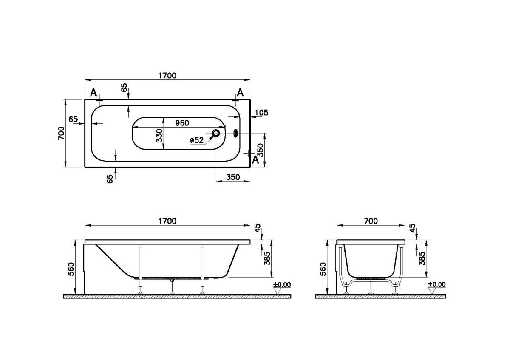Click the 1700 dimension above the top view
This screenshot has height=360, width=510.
tap(167, 76)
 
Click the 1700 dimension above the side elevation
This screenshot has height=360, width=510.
tap(167, 221)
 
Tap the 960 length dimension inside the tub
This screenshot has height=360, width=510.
tap(181, 123)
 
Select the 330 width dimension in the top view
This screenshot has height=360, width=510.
tap(159, 135)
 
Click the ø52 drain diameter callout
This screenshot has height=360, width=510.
tap(196, 140)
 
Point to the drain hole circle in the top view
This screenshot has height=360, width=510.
tap(216, 133)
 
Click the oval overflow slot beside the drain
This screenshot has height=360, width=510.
tap(236, 133)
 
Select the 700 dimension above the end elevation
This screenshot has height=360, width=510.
tap(371, 221)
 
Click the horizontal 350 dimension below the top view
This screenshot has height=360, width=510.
tap(233, 177)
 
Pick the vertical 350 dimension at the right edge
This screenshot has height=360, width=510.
tap(262, 150)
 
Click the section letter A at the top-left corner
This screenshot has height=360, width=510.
tap(93, 93)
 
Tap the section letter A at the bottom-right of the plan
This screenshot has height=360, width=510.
tap(255, 160)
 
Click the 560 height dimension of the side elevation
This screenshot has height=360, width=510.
tap(71, 269)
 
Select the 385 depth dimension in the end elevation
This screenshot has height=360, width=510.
tap(422, 258)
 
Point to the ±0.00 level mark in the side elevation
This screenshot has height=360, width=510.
tap(282, 284)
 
